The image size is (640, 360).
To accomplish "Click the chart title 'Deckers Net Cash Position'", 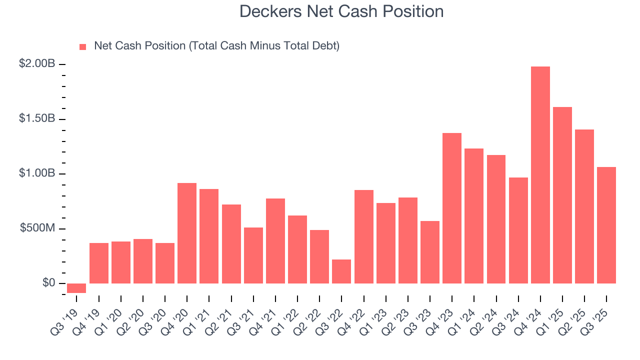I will click(x=341, y=11).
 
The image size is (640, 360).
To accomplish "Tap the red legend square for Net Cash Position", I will click(x=83, y=46).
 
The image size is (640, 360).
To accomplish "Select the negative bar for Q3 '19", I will click(x=76, y=288).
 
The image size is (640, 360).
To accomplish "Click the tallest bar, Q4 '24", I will click(x=540, y=175).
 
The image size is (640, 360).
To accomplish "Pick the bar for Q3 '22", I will click(x=341, y=271).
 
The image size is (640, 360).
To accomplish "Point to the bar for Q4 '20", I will click(x=187, y=233).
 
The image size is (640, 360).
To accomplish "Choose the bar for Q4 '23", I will click(x=452, y=208).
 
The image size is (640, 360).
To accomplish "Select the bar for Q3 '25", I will click(x=606, y=225).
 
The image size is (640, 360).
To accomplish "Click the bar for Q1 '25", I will click(x=562, y=195).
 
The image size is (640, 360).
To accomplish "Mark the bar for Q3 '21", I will click(x=253, y=255).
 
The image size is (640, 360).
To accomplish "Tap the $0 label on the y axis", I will click(x=49, y=283).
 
